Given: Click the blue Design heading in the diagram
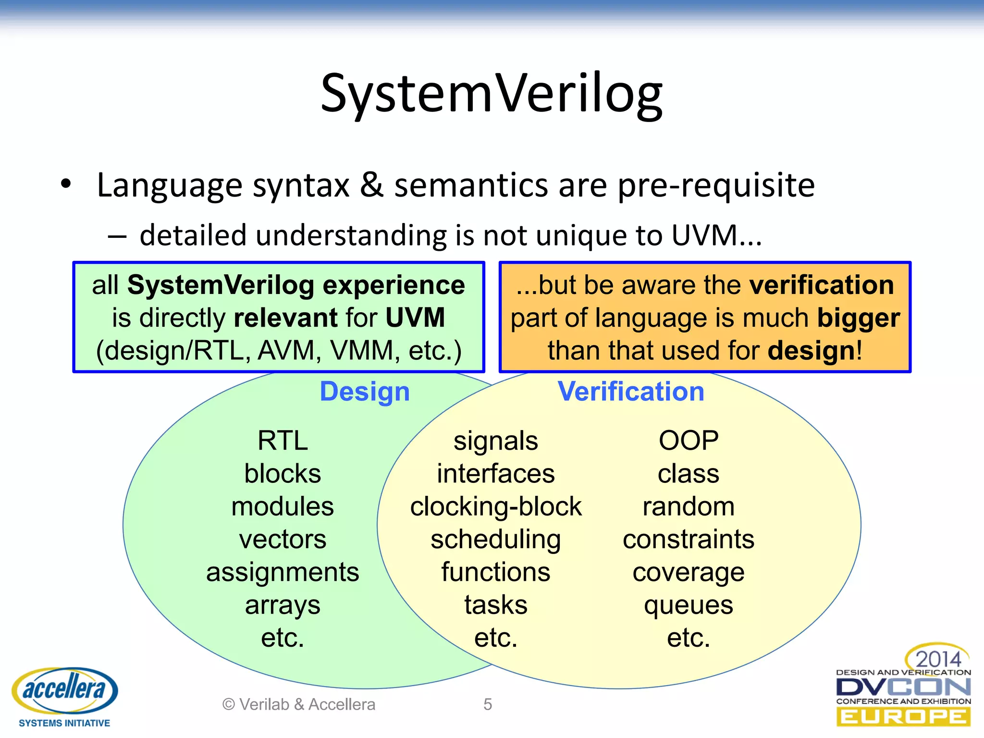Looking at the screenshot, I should pos(365,392).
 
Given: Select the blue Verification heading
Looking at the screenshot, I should pos(631,392).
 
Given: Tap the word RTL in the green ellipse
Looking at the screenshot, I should pos(283,441).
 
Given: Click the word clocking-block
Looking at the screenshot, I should pos(496,507).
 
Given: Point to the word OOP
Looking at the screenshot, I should pos(689,441).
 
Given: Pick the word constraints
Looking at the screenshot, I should pos(689,540).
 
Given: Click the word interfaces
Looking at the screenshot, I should pos(496,474).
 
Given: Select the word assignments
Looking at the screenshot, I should pos(283,572).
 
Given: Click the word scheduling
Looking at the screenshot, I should pos(496,540).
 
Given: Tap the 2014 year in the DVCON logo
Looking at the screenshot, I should pos(938,659).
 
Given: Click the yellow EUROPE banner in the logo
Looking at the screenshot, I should pos(903,717).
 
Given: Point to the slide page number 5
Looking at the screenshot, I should pos(488,704).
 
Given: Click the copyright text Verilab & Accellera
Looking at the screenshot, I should pos(299,704).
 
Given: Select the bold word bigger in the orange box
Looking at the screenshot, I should pos(859,319).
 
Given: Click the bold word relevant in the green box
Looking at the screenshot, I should pos(286,318).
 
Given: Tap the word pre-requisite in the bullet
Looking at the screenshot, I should pos(716,185).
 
